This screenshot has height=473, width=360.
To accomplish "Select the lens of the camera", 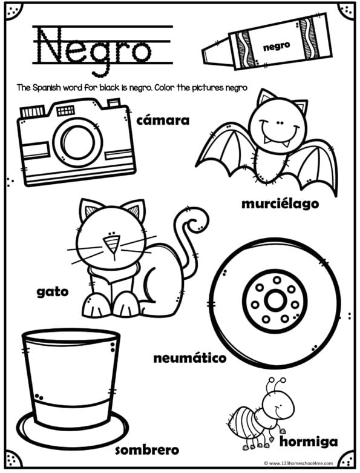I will tap(76, 141).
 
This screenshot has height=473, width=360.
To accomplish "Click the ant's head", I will tap(277, 402).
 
